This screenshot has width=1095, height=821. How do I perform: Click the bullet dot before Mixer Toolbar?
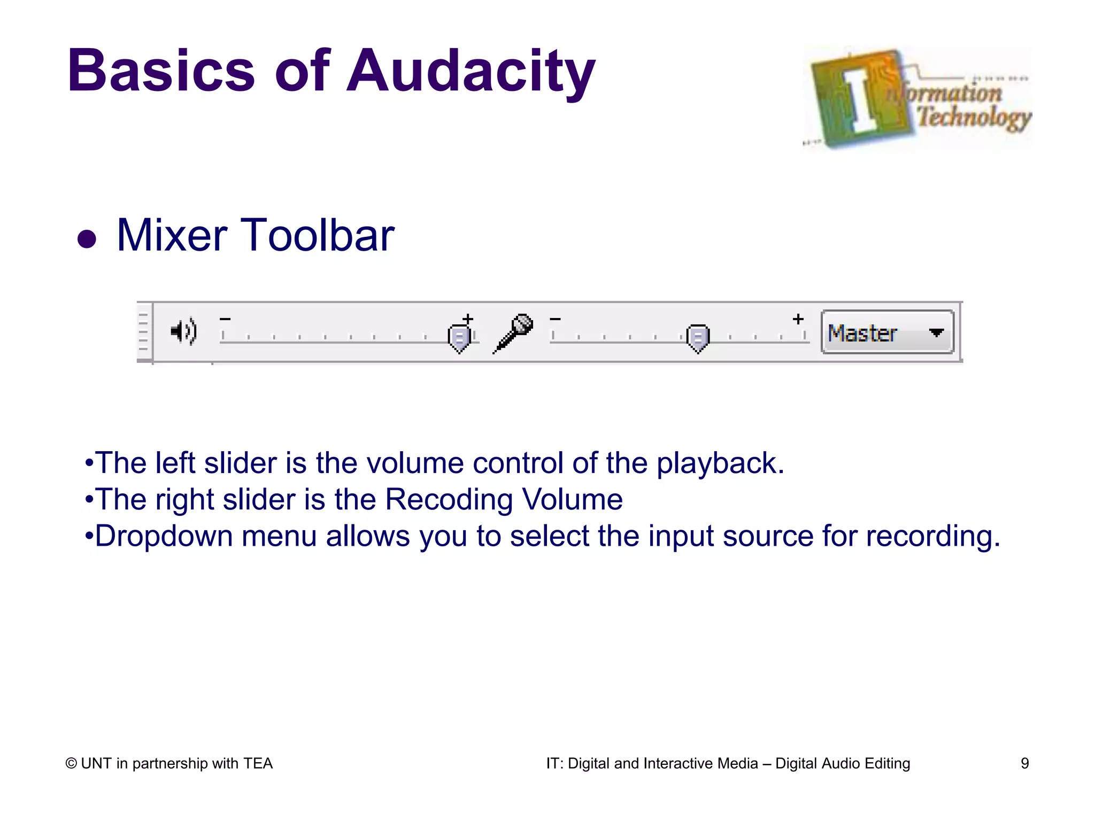tap(87, 239)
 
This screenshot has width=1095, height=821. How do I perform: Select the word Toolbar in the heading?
tap(320, 236)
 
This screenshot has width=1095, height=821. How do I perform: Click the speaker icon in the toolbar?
tap(183, 332)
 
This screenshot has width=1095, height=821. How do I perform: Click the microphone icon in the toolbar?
tap(513, 333)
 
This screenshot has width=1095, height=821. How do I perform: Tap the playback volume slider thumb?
tap(459, 337)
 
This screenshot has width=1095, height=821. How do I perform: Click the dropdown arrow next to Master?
tap(936, 332)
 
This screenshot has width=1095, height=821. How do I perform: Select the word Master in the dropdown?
tap(862, 334)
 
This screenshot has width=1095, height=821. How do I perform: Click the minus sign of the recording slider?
tap(556, 319)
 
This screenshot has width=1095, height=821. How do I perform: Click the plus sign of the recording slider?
tap(798, 319)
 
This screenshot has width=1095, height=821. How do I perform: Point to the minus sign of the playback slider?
tap(225, 319)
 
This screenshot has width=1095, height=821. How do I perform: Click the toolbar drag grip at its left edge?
tap(143, 332)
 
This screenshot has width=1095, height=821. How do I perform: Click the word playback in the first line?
tap(720, 463)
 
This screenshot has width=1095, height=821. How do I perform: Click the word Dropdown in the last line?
tap(164, 537)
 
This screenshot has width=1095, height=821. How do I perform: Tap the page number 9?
tap(1024, 763)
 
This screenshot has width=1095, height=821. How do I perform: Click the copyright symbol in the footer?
tap(71, 764)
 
